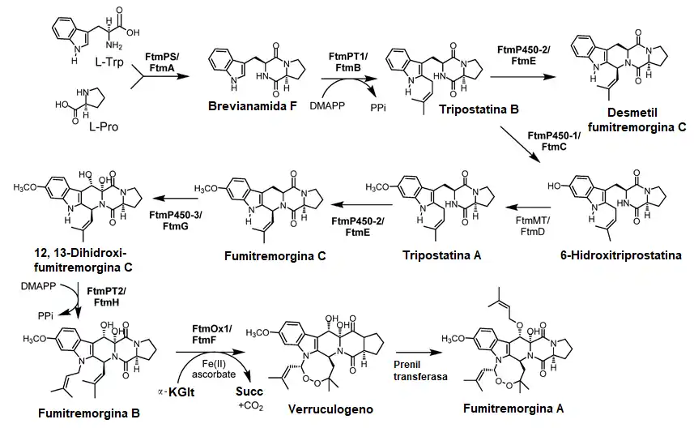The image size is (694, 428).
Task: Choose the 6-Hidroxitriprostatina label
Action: pyautogui.click(x=618, y=255)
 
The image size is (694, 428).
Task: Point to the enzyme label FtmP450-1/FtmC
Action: pyautogui.click(x=554, y=140)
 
